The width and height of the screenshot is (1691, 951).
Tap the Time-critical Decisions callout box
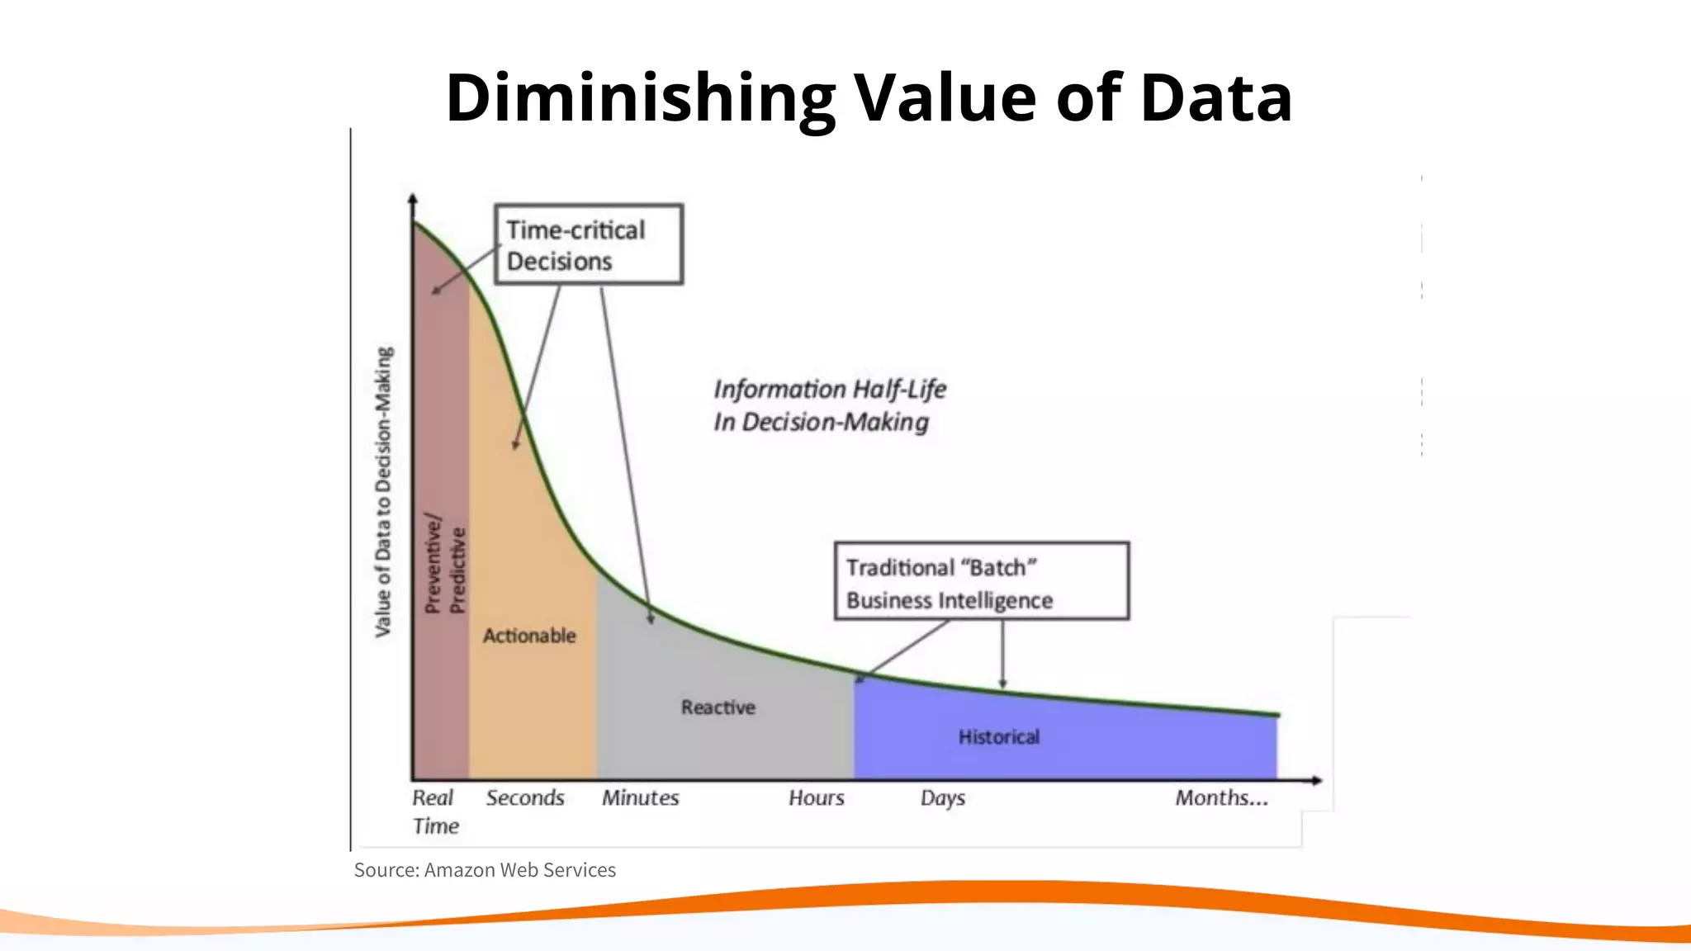[x=588, y=244]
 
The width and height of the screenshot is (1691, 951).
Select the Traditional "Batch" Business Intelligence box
[x=981, y=581]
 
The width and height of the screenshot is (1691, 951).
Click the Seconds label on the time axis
[x=525, y=798]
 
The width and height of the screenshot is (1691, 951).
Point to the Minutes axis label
[x=640, y=798]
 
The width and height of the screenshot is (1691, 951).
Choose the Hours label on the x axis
[x=816, y=798]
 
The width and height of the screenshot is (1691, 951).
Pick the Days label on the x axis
[x=942, y=798]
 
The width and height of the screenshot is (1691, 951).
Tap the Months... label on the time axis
[x=1221, y=798]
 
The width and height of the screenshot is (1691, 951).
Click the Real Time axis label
[x=434, y=811]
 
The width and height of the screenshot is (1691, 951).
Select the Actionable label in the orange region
[x=529, y=636]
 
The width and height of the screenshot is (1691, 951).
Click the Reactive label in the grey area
[x=718, y=707]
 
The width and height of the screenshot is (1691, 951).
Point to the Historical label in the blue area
[x=998, y=736]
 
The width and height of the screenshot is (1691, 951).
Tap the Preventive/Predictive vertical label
[x=445, y=565]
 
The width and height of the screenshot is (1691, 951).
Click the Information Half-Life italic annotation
[x=829, y=405]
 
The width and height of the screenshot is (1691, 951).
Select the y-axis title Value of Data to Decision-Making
[x=383, y=491]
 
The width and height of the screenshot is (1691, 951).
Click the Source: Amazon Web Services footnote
[x=485, y=870]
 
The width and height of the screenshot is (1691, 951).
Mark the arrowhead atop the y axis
[x=413, y=199]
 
